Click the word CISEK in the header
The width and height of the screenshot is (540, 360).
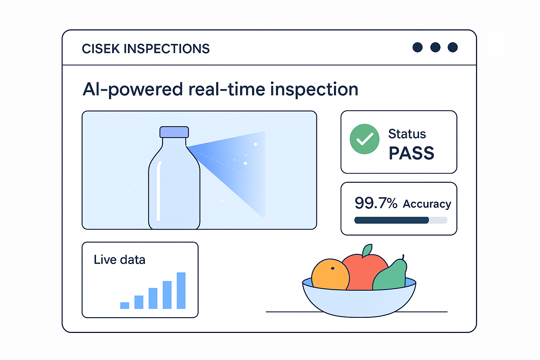coord(101,49)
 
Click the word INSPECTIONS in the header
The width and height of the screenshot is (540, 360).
coord(167,49)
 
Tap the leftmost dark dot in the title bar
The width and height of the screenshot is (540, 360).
coord(418,47)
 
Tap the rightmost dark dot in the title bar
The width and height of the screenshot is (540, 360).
coord(453,47)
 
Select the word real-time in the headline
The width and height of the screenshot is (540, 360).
coord(227,89)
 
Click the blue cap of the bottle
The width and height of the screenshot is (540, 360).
coord(174,132)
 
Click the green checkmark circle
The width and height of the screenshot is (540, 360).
coord(365,139)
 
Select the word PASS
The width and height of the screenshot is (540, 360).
coord(411,153)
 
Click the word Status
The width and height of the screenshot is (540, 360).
coord(407,134)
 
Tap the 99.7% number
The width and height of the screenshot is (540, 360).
coord(376,203)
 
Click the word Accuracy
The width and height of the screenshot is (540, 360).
coord(427,204)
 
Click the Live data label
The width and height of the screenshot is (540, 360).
coord(120,260)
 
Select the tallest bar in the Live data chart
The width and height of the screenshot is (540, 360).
coord(181,290)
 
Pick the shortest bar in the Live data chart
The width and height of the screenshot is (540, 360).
coord(125,306)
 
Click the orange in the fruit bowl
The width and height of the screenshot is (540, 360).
coord(330,274)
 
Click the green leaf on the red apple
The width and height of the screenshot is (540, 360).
coord(367,250)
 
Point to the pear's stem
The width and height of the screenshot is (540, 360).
coord(403,257)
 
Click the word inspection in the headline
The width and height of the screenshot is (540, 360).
coord(314,90)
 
